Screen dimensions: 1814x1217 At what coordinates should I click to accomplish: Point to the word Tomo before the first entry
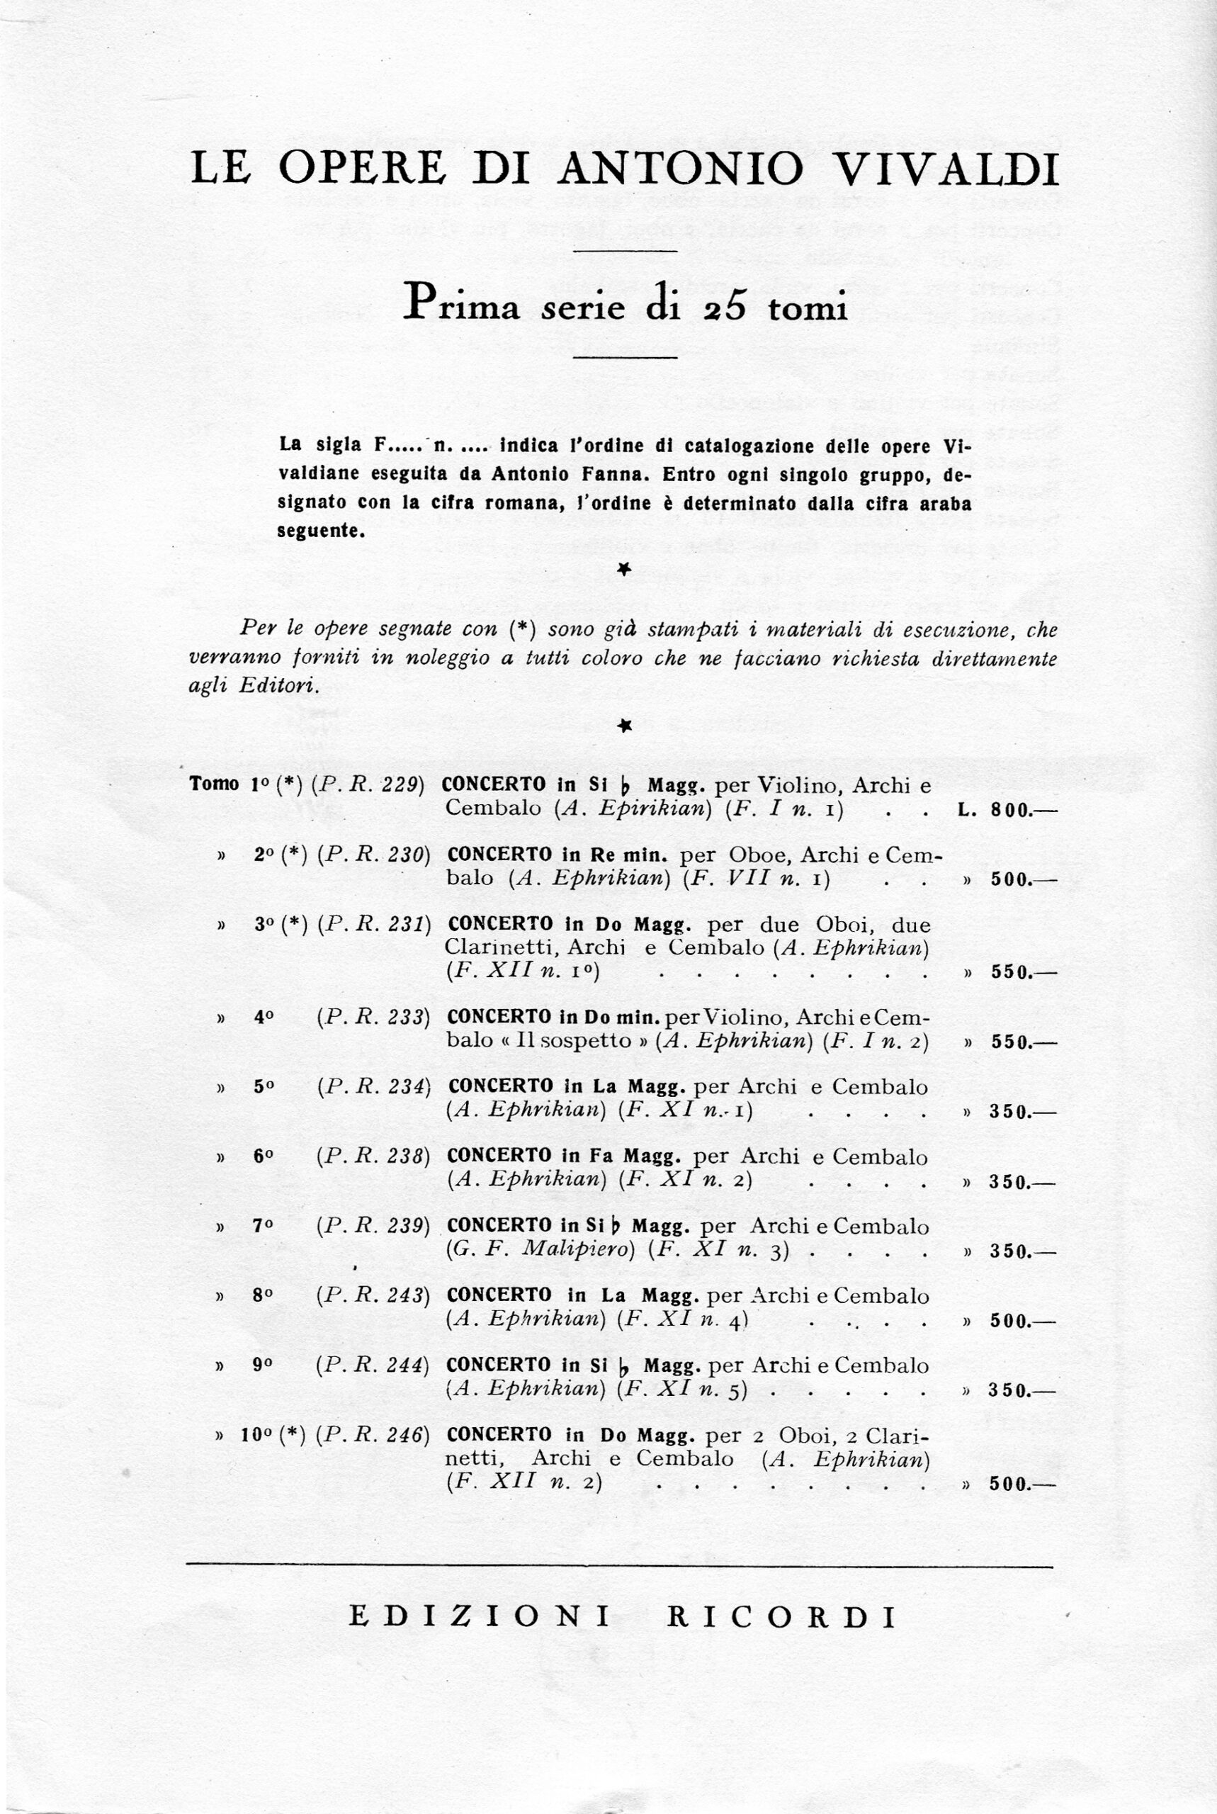point(213,784)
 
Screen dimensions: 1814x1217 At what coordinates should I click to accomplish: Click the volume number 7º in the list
point(263,1227)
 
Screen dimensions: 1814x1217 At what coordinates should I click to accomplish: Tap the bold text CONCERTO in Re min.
point(557,855)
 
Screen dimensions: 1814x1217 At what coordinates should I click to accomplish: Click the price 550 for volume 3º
point(1011,973)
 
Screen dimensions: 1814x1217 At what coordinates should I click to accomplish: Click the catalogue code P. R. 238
point(373,1156)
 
